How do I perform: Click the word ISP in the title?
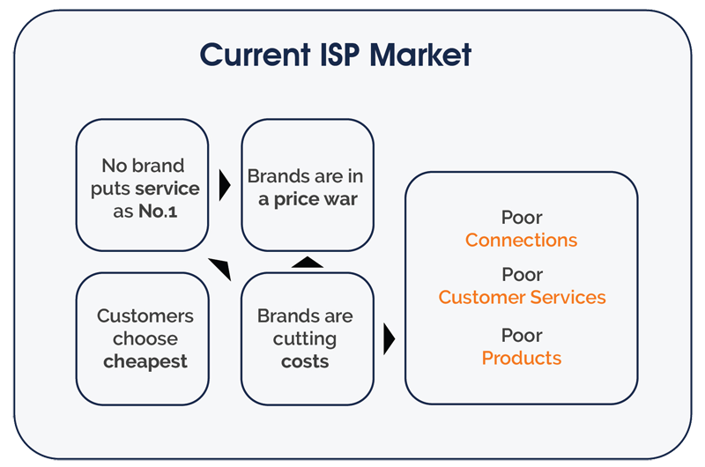[x=340, y=55]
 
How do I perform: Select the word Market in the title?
[x=420, y=55]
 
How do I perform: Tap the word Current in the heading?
[x=256, y=55]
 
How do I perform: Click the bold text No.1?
[x=158, y=211]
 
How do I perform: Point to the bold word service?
[x=167, y=189]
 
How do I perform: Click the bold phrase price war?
[x=315, y=199]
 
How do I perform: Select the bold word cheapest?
[x=145, y=361]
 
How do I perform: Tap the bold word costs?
[x=305, y=361]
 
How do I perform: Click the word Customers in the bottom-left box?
[x=145, y=316]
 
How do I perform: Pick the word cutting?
[x=305, y=339]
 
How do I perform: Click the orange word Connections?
[x=521, y=240]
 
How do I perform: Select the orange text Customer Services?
[x=522, y=297]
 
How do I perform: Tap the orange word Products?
[x=522, y=359]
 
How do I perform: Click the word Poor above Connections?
[x=522, y=218]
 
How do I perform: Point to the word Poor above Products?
[x=522, y=336]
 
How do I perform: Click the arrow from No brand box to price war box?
[x=225, y=185]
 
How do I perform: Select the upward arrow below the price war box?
[x=308, y=262]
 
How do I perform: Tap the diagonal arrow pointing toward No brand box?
[x=220, y=270]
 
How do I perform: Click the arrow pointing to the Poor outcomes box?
[x=390, y=339]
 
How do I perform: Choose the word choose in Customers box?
[x=145, y=338]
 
